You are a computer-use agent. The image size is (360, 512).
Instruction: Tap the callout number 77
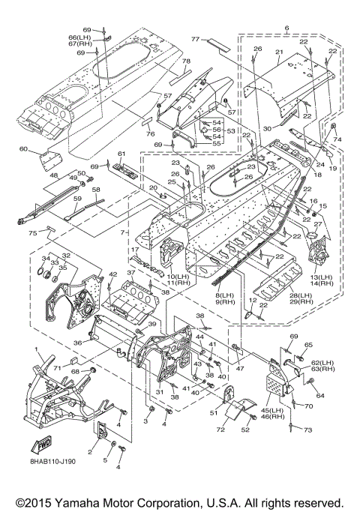click(195, 39)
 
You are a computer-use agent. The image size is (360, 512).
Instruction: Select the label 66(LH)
click(79, 37)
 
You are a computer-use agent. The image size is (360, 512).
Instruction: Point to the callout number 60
click(23, 149)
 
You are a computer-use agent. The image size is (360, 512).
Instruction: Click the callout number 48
click(54, 175)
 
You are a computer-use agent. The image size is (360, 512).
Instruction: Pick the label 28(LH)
click(300, 295)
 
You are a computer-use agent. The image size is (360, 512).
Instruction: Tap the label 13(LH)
click(322, 277)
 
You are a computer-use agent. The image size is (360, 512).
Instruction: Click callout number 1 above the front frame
click(37, 349)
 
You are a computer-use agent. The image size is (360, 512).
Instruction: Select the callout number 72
click(220, 430)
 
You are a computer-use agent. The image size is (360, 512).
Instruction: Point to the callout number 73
click(308, 430)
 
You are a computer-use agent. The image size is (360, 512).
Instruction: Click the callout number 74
click(337, 139)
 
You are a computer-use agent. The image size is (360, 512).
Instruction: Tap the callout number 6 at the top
click(286, 28)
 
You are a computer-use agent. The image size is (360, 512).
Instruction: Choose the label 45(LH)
click(273, 410)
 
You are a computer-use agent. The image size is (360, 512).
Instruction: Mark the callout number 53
click(231, 131)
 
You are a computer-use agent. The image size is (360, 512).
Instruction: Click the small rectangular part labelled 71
click(73, 361)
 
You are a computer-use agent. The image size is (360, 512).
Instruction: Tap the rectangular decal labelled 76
click(147, 120)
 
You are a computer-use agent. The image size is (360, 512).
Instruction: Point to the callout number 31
click(160, 392)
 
